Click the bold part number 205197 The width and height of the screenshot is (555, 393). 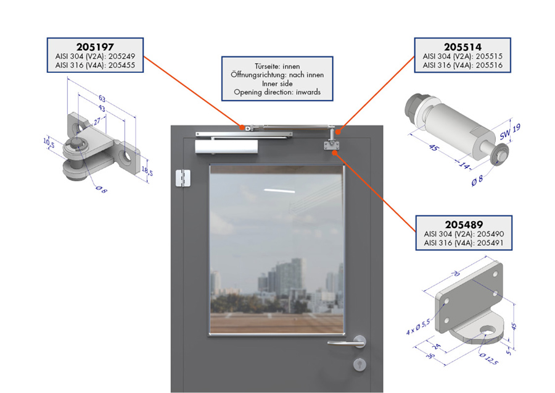pos(95,47)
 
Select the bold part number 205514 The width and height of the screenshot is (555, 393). pos(462,47)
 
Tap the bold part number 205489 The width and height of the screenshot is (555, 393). pos(464,224)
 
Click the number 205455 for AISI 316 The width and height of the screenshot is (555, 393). pos(121,65)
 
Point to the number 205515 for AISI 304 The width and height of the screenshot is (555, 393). pos(489,56)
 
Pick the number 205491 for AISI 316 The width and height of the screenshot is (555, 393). pos(490,243)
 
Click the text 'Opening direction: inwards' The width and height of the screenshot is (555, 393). pos(277,92)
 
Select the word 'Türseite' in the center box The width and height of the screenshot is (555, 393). pos(267,66)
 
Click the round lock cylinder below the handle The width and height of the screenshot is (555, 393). pos(360,365)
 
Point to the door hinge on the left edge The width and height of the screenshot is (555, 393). pos(183,178)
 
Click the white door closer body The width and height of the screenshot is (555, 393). pos(226,147)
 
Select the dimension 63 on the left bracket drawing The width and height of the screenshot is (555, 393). pos(102,99)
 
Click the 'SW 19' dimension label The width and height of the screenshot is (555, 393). pos(510,132)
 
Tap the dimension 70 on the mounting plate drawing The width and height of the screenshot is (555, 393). pos(456,274)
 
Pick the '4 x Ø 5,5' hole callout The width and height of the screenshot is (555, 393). pos(418,327)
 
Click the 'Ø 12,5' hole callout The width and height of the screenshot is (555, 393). pos(489,359)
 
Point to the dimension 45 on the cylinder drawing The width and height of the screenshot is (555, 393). pos(433,147)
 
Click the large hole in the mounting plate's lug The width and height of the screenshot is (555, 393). pos(488,330)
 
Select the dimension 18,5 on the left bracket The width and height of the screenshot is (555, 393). pos(147,171)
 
